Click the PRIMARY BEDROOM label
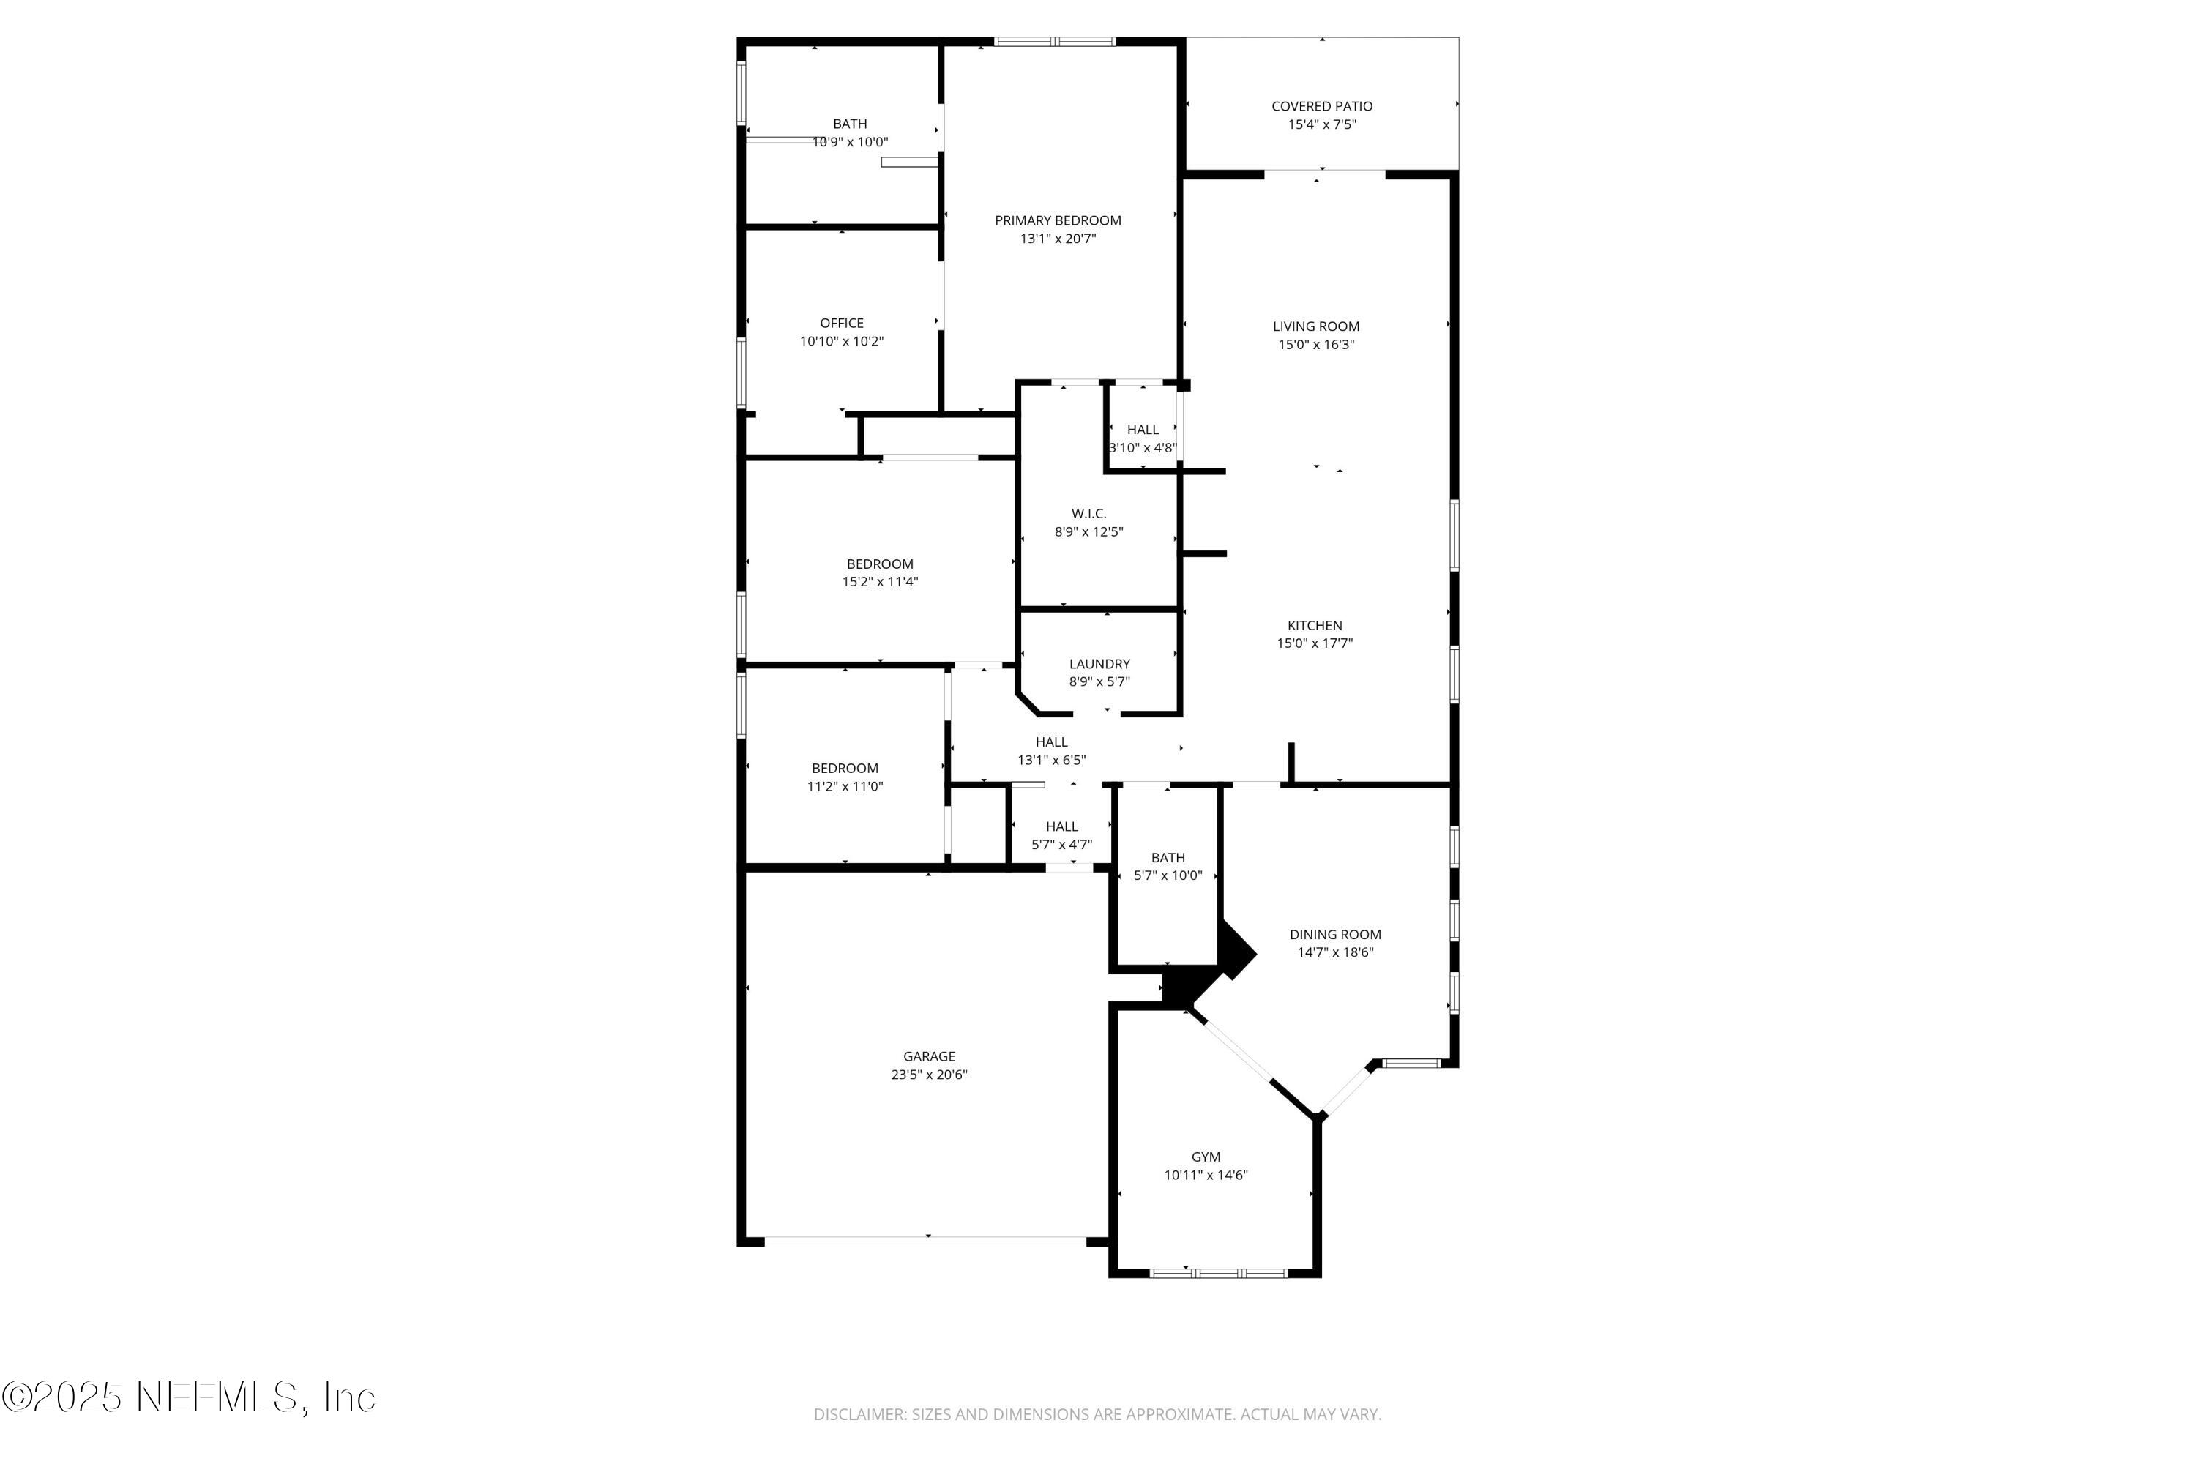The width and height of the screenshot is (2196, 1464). [x=1057, y=220]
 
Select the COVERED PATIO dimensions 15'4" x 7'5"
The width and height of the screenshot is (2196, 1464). [x=1321, y=124]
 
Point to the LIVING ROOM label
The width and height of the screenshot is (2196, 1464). [x=1315, y=326]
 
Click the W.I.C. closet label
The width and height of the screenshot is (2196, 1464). [x=1088, y=514]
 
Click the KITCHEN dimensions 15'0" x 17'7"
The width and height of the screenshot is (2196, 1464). [x=1315, y=643]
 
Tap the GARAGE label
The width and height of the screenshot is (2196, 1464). [x=928, y=1056]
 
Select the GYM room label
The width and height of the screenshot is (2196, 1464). [x=1206, y=1157]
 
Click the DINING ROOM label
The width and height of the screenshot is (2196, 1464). [x=1335, y=935]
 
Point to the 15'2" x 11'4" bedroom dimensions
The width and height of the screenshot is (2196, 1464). [x=880, y=582]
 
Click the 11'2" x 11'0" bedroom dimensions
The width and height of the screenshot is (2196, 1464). [x=844, y=786]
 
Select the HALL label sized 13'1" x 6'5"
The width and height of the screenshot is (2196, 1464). [x=1050, y=742]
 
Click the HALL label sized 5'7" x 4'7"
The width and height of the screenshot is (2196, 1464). [x=1061, y=826]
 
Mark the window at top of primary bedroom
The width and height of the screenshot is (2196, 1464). [x=1054, y=41]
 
